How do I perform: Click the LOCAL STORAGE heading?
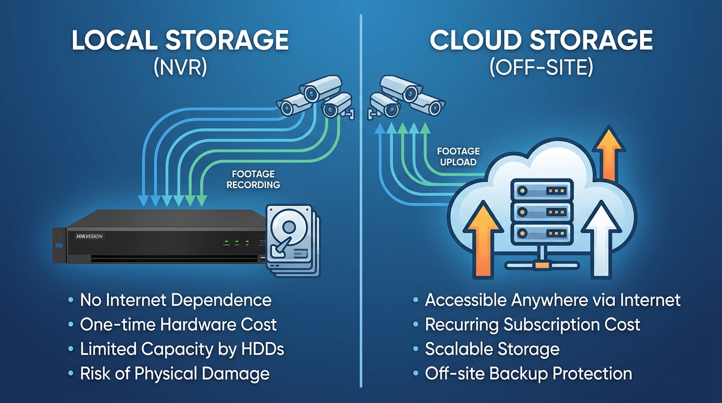[180, 41]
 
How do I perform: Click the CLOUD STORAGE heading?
[541, 41]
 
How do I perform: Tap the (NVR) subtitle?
[180, 68]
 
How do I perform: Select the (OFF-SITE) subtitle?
[541, 68]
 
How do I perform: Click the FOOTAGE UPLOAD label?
[458, 156]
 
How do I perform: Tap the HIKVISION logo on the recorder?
[90, 236]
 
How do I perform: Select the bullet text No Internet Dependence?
[176, 300]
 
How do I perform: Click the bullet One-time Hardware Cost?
[178, 325]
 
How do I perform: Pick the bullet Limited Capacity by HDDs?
[182, 349]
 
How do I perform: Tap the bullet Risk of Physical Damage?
[175, 374]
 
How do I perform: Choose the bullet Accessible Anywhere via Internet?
[553, 300]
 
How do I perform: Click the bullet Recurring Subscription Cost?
[533, 325]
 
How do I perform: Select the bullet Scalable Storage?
[492, 349]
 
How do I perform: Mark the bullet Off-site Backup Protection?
[528, 374]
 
